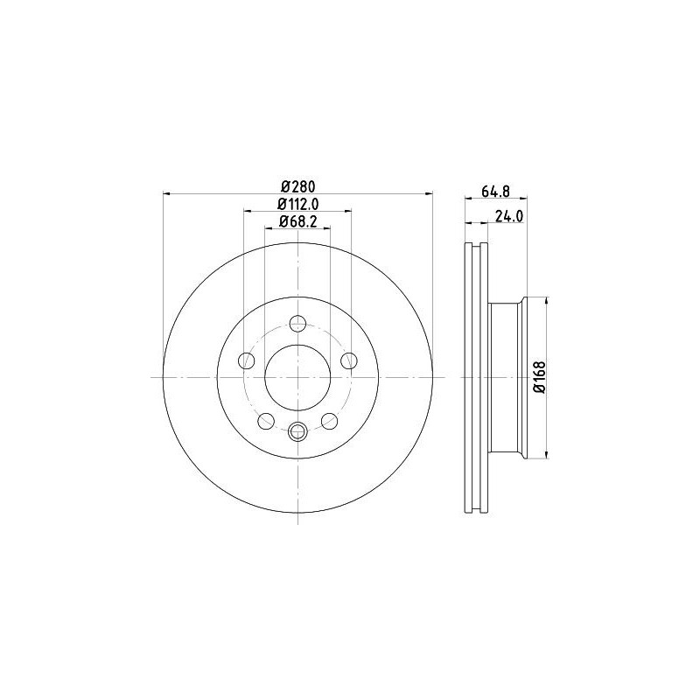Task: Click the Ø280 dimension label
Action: tap(297, 185)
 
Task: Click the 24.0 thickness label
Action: tap(509, 218)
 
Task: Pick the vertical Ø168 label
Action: tap(540, 378)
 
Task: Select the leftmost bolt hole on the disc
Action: tap(247, 360)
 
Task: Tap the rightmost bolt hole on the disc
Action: tap(349, 360)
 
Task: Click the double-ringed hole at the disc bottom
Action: tap(297, 430)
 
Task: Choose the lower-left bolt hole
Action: tap(265, 421)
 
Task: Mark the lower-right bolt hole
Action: tap(330, 421)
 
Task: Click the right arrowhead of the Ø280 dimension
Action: tap(429, 193)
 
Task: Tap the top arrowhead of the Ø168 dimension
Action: tap(548, 299)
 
